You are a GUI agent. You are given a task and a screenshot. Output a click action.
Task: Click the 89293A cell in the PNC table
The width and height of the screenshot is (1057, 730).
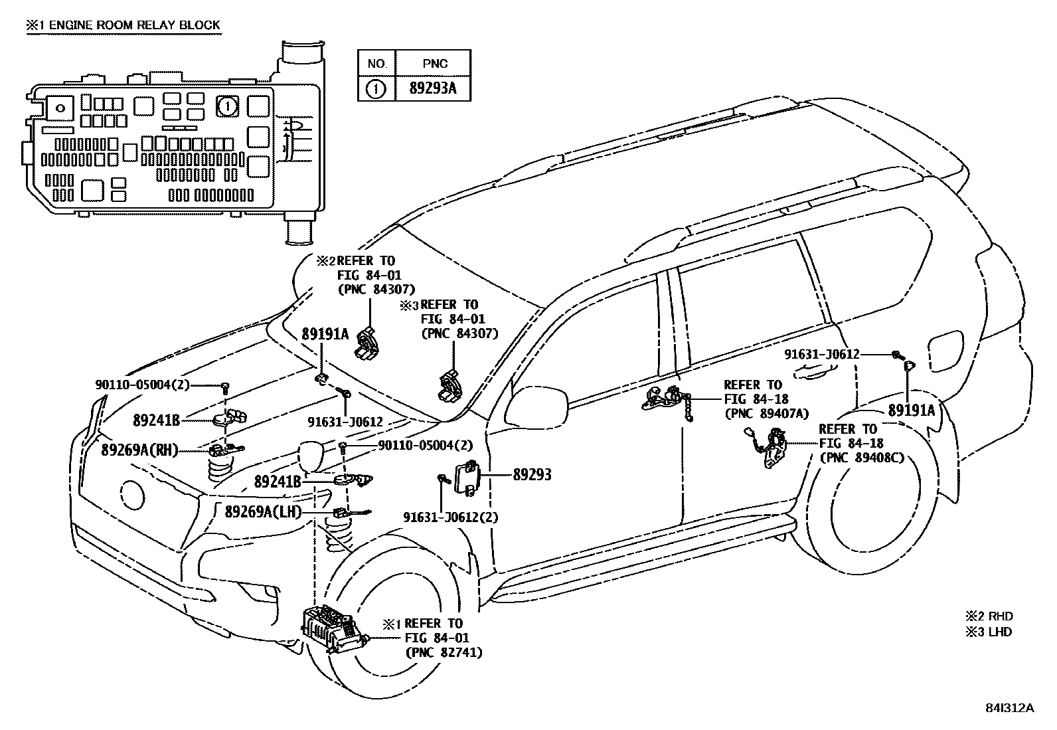point(433,88)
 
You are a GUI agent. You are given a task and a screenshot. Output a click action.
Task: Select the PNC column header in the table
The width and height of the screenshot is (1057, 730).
point(434,64)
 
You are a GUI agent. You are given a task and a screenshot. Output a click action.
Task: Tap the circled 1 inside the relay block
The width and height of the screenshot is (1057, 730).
point(227,106)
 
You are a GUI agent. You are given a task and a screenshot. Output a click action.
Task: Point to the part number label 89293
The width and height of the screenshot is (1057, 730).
point(532,475)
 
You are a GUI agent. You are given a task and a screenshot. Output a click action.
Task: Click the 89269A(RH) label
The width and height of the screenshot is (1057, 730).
point(140,450)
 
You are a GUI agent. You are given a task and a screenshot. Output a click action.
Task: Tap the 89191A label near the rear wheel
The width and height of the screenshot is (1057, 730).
point(912,411)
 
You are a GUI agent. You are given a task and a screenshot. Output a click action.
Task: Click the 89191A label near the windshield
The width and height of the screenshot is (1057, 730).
point(325,334)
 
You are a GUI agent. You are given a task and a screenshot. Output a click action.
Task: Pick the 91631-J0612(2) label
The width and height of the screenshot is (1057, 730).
point(451,517)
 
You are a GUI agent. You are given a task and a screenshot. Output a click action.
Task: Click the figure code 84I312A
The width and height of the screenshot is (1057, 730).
point(1009,707)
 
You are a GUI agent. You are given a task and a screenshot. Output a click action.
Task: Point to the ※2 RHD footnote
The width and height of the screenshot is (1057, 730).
point(989,616)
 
